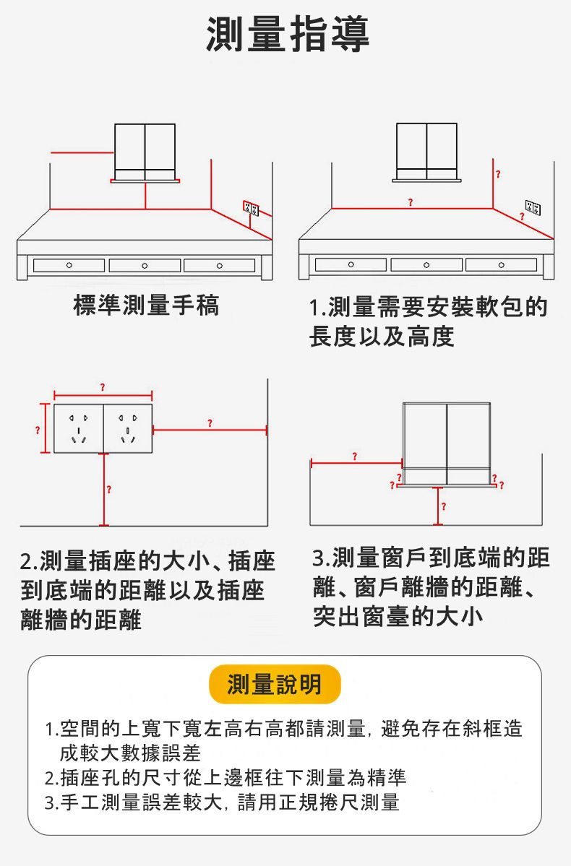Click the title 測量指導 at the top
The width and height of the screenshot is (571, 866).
288,34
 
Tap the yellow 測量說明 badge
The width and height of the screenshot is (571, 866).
274,684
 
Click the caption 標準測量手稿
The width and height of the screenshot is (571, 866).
146,306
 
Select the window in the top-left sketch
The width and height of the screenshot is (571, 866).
145,152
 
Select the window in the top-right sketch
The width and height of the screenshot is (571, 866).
426,151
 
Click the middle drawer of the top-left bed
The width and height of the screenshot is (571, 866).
145,266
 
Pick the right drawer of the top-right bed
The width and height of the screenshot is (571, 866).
501,265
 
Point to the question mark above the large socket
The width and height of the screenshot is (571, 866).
103,389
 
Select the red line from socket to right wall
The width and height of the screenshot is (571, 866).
210,430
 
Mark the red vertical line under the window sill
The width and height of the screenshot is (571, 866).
437,506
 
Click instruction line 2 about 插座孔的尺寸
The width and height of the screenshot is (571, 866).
225,778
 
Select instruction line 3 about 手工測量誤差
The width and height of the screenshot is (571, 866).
221,802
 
